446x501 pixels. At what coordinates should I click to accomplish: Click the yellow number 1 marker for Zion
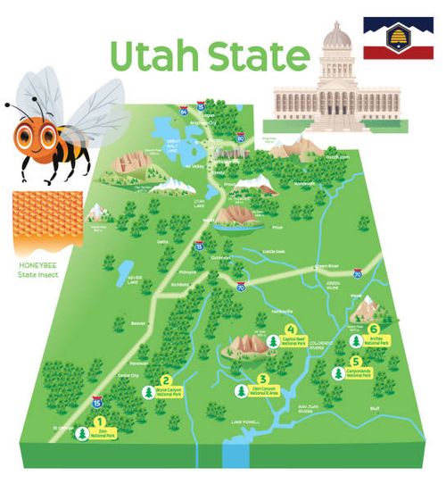(x=99, y=422)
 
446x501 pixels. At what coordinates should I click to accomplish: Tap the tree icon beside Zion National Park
(x=83, y=433)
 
